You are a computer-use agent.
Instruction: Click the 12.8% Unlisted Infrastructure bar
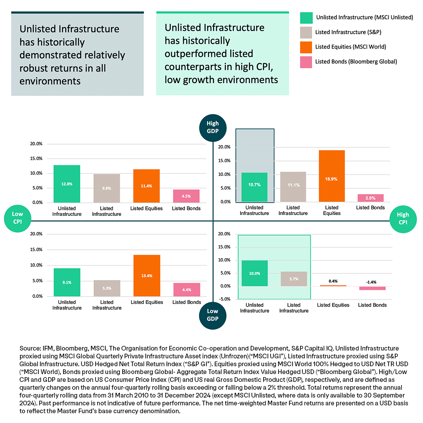pos(67,184)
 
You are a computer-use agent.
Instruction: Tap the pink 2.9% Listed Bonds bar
pos(370,198)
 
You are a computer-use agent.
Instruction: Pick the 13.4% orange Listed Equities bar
pos(146,275)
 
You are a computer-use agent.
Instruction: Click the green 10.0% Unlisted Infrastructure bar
pos(255,273)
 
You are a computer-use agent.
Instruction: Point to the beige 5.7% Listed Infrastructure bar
pos(293,278)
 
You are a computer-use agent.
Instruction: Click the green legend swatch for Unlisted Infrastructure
pos(305,18)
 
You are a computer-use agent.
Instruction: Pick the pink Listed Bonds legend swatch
pos(305,61)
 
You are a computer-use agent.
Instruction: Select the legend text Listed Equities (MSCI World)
pos(351,47)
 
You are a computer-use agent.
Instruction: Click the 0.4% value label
pos(331,281)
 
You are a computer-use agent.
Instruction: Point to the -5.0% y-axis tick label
pos(224,299)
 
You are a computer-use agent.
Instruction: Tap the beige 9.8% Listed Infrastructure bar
pos(107,188)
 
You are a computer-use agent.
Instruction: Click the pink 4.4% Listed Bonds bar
pos(187,289)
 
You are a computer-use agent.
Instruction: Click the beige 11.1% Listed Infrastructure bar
pos(293,187)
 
